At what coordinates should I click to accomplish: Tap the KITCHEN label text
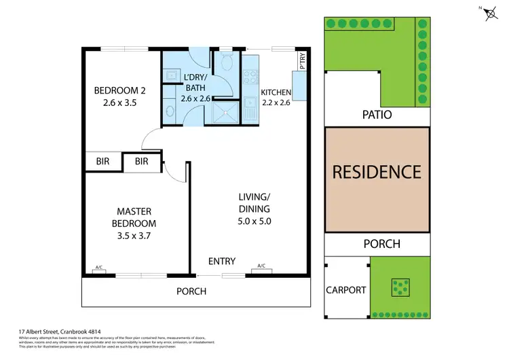[276, 92]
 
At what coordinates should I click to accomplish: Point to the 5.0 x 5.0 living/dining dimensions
[254, 221]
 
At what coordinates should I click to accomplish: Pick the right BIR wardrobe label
[141, 161]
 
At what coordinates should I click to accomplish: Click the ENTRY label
[222, 262]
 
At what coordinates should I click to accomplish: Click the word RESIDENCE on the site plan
[377, 171]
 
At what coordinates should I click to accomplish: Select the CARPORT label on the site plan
[346, 290]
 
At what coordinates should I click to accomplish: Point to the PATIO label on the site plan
[377, 115]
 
